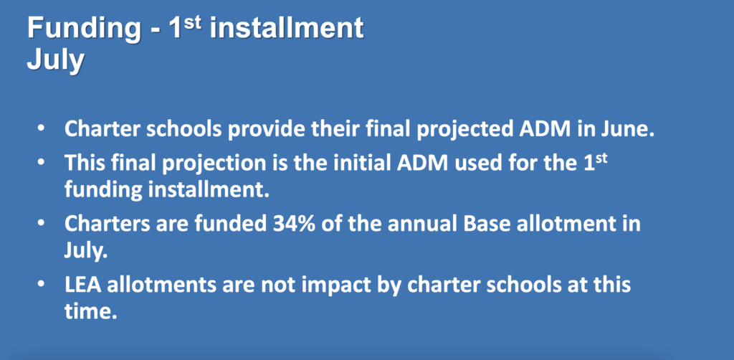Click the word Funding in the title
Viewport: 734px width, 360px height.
[x=84, y=29]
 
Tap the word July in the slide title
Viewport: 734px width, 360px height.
[x=56, y=61]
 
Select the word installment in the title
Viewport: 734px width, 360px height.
[x=287, y=28]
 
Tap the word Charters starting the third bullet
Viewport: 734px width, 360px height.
[x=97, y=223]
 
